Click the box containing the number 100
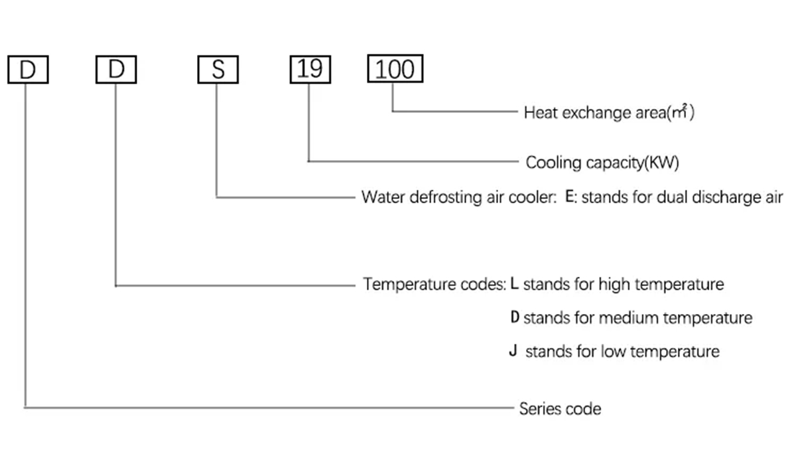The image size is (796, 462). click(x=395, y=69)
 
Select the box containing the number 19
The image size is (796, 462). click(x=309, y=69)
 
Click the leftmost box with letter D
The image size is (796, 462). click(x=28, y=69)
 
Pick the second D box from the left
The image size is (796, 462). click(x=116, y=69)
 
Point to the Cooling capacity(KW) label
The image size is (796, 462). click(x=602, y=163)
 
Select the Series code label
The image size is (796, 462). click(x=560, y=408)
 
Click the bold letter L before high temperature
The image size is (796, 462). click(x=515, y=284)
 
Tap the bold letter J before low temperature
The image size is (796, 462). click(x=513, y=350)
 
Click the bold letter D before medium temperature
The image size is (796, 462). click(x=515, y=317)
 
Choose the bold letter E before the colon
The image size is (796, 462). click(x=569, y=197)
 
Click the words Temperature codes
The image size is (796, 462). click(x=434, y=285)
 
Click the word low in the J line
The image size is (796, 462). click(x=612, y=351)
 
